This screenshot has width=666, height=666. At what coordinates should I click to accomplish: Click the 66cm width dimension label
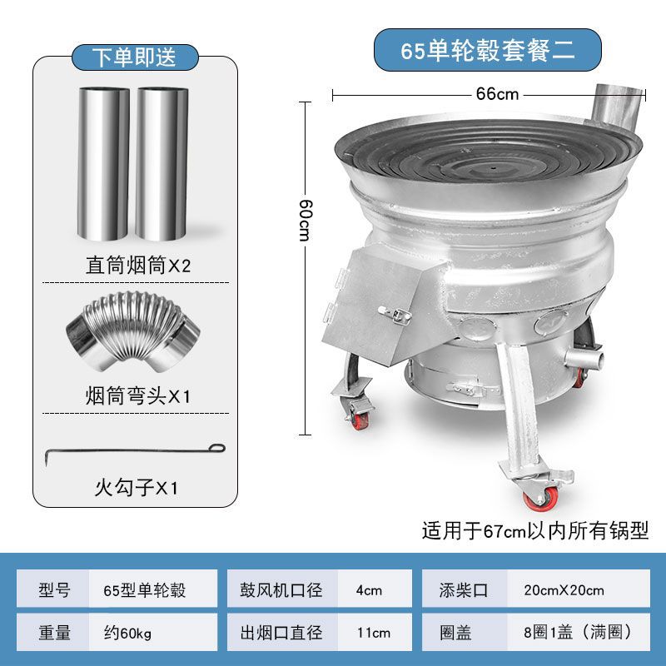[x=497, y=94]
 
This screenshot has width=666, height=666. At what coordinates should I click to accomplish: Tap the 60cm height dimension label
[x=306, y=219]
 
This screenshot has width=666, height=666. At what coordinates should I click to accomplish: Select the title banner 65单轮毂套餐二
[x=487, y=50]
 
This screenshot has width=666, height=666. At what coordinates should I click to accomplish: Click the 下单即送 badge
[x=134, y=57]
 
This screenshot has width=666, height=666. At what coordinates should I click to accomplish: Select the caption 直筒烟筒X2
[x=138, y=266]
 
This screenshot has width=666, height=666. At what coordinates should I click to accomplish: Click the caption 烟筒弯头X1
[x=138, y=395]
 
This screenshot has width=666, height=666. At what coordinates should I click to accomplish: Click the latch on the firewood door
[x=395, y=316]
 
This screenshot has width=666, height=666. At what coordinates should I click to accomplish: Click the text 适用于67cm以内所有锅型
[x=534, y=530]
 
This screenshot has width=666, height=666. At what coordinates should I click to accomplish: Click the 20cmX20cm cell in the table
[x=564, y=590]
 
